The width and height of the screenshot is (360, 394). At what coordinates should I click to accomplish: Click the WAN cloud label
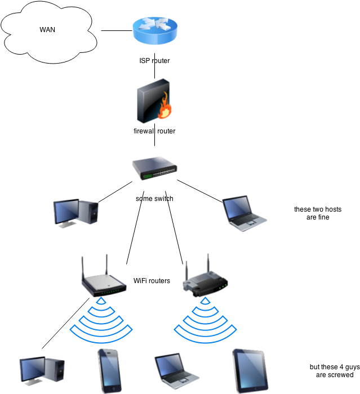47,30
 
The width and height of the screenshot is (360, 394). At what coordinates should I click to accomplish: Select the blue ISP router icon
155,31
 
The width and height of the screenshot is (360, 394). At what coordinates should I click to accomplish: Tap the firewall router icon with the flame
154,101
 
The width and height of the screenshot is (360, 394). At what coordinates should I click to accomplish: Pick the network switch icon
155,168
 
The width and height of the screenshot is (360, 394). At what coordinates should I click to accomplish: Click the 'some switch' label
154,199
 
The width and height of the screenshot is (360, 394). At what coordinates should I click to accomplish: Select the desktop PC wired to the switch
75,213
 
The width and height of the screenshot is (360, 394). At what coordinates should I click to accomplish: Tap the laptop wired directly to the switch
245,213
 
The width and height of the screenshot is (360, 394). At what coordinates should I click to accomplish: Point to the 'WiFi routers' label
152,281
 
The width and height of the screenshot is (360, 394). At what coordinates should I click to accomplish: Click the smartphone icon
109,371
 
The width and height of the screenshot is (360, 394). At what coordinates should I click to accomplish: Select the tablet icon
250,371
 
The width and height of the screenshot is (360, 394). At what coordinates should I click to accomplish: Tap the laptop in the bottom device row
177,371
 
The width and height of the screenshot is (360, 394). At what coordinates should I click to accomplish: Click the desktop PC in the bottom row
42,371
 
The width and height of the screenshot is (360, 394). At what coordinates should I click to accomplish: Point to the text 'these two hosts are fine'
318,213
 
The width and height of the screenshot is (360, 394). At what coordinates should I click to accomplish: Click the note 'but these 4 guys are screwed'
335,370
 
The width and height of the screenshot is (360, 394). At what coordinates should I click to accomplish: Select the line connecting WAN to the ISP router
117,30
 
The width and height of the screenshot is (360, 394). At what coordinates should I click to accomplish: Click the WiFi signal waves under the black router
205,320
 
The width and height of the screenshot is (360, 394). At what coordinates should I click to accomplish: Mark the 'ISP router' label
154,61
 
